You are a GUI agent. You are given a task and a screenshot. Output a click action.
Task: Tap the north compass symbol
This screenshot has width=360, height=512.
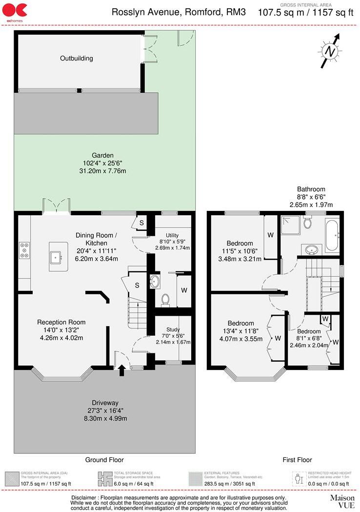(x=331, y=51)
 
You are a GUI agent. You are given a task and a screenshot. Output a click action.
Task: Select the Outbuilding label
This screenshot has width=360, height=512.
(x=77, y=59)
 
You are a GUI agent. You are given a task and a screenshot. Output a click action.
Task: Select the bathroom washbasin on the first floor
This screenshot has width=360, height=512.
(x=311, y=250)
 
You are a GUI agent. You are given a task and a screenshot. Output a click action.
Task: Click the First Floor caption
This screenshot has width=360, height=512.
(x=297, y=459)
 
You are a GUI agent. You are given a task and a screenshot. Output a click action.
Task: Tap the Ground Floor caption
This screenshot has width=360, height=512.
(x=104, y=459)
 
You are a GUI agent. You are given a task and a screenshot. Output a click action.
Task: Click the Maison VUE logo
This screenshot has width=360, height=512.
(x=342, y=501)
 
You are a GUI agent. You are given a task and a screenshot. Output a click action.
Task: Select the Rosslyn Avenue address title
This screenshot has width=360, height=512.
(x=178, y=12)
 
